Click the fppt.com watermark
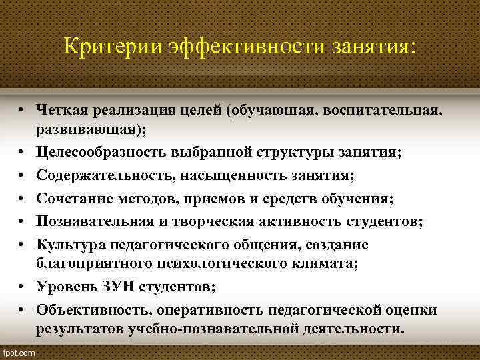pyautogui.click(x=20, y=351)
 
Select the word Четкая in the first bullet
pyautogui.click(x=63, y=109)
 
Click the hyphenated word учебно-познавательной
pyautogui.click(x=193, y=329)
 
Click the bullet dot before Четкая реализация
pyautogui.click(x=23, y=109)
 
